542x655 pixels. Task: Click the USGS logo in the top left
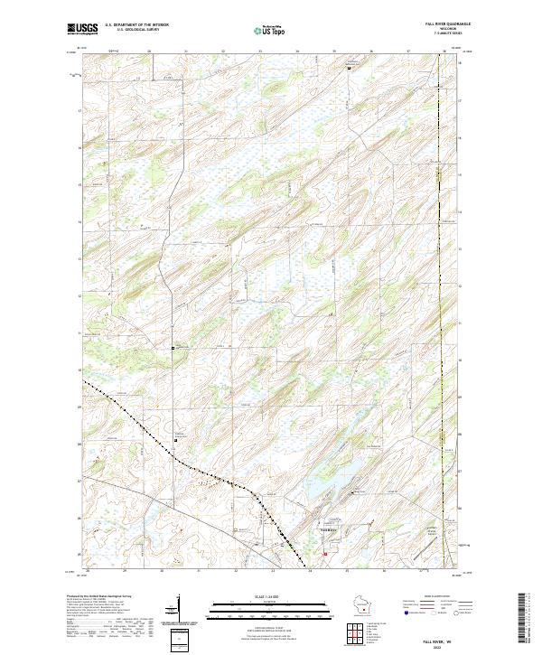pyautogui.click(x=82, y=29)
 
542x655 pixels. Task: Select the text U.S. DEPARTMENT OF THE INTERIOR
pyautogui.click(x=136, y=24)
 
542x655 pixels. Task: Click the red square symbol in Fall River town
pyautogui.click(x=325, y=542)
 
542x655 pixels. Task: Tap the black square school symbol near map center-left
pyautogui.click(x=174, y=346)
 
